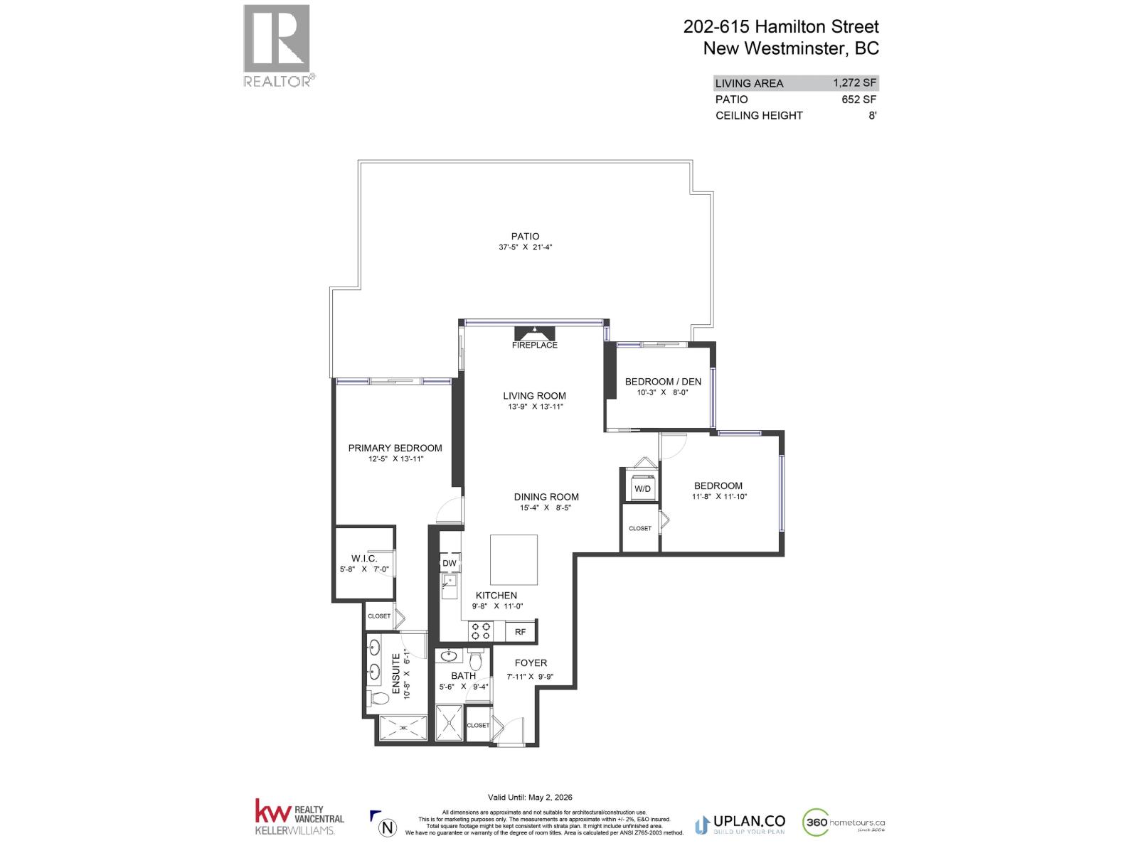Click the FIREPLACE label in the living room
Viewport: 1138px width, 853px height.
tap(535, 345)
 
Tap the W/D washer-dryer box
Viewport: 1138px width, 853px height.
tap(642, 488)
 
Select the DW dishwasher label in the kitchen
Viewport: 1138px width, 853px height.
tap(450, 563)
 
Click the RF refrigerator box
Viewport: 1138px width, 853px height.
tap(521, 631)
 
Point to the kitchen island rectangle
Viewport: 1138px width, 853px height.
tap(514, 559)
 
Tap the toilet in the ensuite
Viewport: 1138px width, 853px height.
tap(379, 698)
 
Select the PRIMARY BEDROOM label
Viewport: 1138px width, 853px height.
tap(395, 448)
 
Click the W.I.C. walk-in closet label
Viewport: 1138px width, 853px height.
tap(364, 559)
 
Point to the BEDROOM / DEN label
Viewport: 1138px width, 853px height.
tap(663, 382)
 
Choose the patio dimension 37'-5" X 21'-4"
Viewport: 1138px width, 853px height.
tap(526, 247)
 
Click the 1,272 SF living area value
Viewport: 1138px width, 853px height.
tap(854, 82)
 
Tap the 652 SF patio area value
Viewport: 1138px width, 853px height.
tap(858, 100)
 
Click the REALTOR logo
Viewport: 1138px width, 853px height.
tap(277, 46)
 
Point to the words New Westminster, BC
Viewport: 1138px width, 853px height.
tap(790, 48)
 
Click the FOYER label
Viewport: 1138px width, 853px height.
tap(531, 662)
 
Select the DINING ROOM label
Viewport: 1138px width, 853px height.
tap(546, 497)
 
